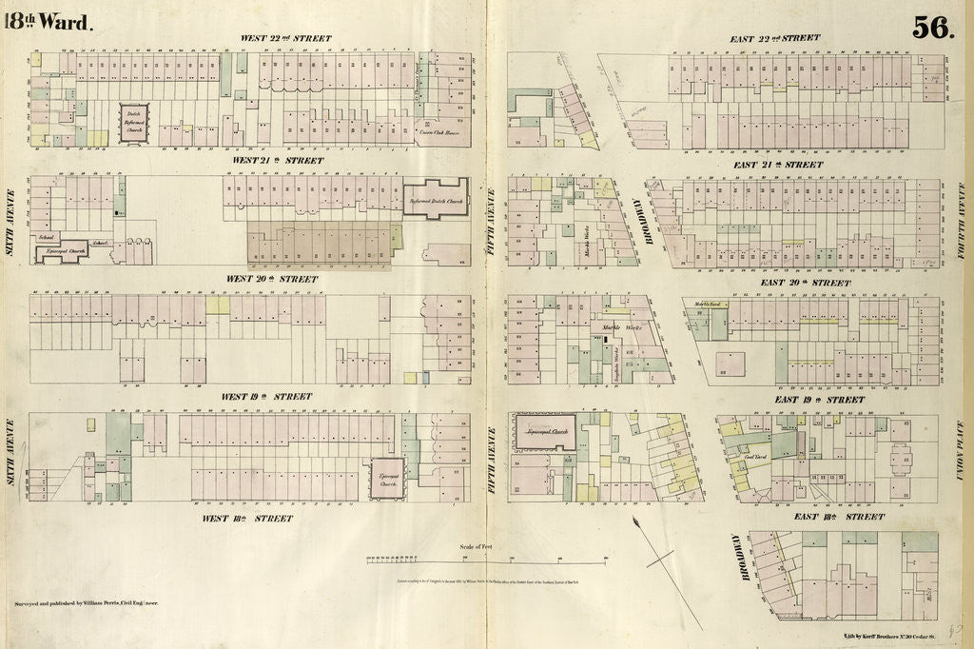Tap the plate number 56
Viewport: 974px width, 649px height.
tap(932, 28)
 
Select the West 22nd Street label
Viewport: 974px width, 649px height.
tap(286, 39)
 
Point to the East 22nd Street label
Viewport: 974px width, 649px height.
tap(774, 39)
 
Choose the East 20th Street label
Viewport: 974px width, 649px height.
tap(805, 283)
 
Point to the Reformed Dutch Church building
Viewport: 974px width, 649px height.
tap(435, 197)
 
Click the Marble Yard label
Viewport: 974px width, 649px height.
tap(710, 305)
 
